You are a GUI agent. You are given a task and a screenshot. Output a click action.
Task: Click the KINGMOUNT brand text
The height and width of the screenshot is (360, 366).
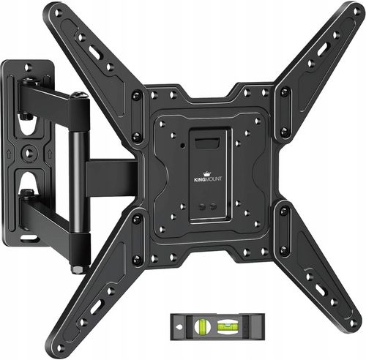(208, 179)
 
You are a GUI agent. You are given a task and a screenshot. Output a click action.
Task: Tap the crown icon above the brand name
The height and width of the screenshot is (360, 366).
(207, 173)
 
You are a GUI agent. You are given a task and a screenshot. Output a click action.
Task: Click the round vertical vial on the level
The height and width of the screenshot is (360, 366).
(202, 326)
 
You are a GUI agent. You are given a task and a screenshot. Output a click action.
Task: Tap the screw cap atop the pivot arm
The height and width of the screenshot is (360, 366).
(78, 95)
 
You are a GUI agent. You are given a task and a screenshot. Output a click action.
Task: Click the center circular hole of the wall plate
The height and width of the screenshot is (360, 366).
(29, 154)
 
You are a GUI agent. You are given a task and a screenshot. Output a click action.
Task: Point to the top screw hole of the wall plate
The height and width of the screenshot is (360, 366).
(29, 66)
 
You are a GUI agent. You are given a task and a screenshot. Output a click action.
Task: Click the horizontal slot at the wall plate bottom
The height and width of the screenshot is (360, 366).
(29, 237)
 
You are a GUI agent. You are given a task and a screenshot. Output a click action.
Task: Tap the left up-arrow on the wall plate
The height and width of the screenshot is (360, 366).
(8, 154)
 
